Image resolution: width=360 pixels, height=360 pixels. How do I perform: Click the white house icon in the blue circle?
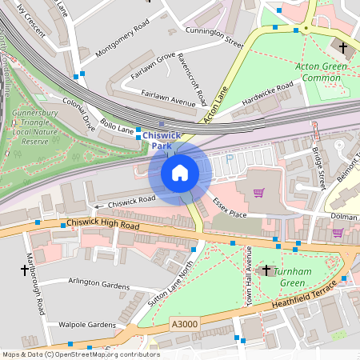coord(180,173)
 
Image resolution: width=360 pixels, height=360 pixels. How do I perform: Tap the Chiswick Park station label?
coord(162,141)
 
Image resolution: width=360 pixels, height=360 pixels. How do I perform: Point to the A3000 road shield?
coord(183,325)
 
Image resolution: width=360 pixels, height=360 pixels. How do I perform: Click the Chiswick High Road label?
coord(103,226)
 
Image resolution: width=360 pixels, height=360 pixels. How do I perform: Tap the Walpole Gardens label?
coord(87,325)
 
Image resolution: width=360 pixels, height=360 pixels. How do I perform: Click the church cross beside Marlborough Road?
coord(25,270)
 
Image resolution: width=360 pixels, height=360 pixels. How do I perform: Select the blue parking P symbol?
coord(230,159)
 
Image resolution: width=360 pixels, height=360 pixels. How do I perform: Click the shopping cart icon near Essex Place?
coord(258,193)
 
